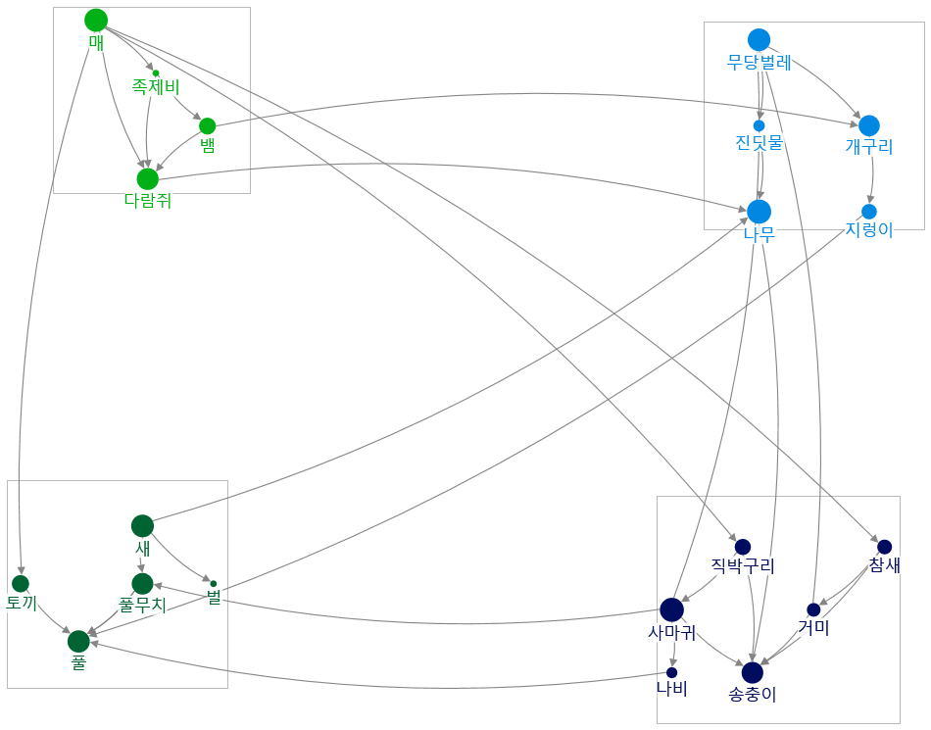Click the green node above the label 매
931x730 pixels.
(96, 20)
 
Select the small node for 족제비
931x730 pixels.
(156, 73)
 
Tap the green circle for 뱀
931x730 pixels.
(207, 125)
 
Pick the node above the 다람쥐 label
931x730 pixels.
(147, 178)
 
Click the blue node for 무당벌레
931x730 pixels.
(759, 40)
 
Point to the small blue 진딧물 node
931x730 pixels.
(759, 125)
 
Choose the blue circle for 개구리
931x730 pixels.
(868, 125)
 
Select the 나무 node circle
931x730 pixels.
(759, 211)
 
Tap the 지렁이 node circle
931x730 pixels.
(868, 212)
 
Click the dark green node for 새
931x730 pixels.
(142, 526)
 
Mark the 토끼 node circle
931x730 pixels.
(21, 584)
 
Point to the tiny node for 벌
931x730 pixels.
(214, 584)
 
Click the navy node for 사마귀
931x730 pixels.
(671, 609)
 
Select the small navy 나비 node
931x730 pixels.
(671, 672)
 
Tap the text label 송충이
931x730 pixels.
(753, 695)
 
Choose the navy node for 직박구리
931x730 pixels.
(743, 547)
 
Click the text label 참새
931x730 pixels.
(884, 565)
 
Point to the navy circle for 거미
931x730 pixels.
(813, 609)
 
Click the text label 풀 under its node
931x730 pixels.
(78, 662)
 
